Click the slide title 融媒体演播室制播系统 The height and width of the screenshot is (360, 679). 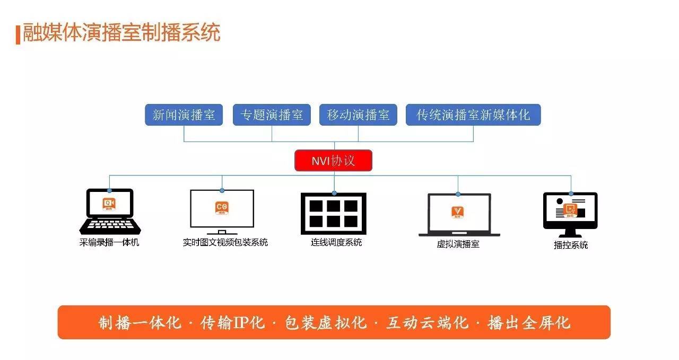pos(121,32)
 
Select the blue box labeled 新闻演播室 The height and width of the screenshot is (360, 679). pos(184,115)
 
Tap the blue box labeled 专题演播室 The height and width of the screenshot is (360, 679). pos(272,115)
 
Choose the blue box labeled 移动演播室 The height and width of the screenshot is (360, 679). pos(358,115)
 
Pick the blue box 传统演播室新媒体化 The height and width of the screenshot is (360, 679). pos(473,115)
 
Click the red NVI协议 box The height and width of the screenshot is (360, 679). pos(334,161)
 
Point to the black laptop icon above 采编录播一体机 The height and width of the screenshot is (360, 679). pos(110,212)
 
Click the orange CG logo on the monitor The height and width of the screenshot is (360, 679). pos(222,208)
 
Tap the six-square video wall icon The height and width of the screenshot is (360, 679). pos(334,214)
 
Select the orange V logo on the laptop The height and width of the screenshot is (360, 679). pos(458,212)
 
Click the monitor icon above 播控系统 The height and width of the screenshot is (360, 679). pos(570,215)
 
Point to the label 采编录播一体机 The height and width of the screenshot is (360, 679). pos(109,242)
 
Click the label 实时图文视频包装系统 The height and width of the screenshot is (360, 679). pos(225,242)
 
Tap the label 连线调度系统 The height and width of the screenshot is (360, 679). pos(336,242)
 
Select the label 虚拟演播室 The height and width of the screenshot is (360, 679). pos(458,244)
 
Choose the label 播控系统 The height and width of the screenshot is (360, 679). pos(571,245)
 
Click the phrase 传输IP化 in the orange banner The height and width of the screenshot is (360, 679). pos(232,323)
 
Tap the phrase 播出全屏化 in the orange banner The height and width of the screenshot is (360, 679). pos(529,323)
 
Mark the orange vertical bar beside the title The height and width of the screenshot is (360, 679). pos(18,35)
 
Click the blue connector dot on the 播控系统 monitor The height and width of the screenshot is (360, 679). pos(571,194)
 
